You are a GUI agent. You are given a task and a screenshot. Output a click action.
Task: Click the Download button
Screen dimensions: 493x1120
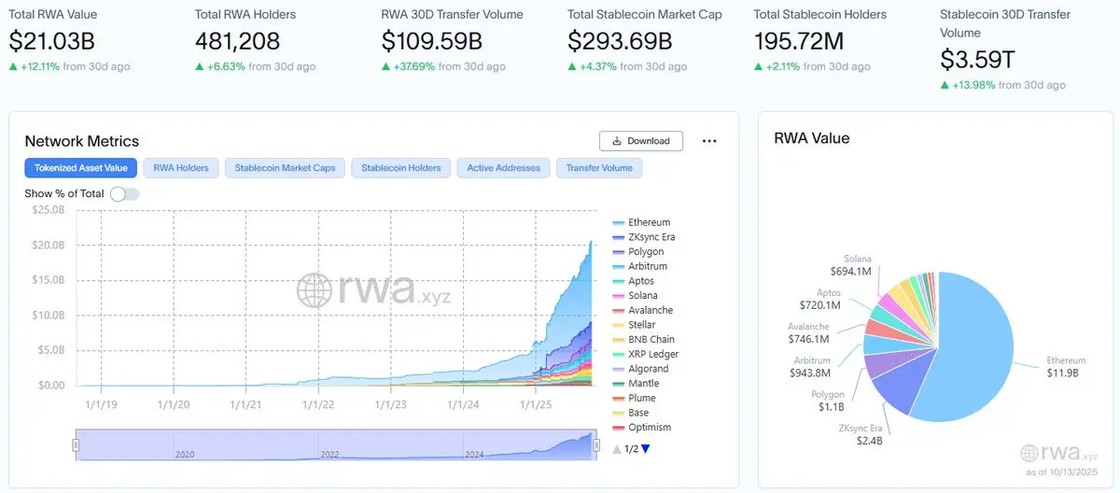pyautogui.click(x=641, y=141)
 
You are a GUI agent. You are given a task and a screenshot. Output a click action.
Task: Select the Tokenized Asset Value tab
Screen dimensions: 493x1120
pyautogui.click(x=81, y=168)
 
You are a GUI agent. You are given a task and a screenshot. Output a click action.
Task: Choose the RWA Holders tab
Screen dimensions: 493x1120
pyautogui.click(x=181, y=168)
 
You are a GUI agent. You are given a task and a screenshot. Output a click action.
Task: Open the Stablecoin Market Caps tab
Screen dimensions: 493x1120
pyautogui.click(x=285, y=168)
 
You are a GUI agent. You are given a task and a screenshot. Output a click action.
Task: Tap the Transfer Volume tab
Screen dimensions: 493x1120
pyautogui.click(x=598, y=168)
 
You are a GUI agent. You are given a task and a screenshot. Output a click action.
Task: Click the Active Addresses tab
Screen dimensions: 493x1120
pyautogui.click(x=504, y=168)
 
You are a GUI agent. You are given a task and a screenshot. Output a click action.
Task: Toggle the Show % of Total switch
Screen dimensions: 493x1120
pyautogui.click(x=124, y=193)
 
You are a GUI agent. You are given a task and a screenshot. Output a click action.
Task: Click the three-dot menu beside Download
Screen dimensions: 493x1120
pyautogui.click(x=709, y=141)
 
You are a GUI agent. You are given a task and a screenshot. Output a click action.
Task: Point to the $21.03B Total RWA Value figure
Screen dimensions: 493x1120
pyautogui.click(x=52, y=41)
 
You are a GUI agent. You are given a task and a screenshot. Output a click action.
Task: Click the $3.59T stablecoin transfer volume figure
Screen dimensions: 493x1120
pyautogui.click(x=977, y=60)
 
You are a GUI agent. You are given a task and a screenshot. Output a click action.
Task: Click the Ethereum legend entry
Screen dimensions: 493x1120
pyautogui.click(x=649, y=222)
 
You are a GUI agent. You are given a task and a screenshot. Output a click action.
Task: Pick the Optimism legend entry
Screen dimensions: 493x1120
pyautogui.click(x=650, y=428)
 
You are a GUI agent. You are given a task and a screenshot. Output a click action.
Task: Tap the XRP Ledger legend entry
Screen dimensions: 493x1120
pyautogui.click(x=652, y=354)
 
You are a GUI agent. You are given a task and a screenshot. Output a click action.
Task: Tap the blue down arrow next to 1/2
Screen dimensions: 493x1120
pyautogui.click(x=645, y=449)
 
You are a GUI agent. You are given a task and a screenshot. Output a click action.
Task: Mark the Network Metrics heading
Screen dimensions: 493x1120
pyautogui.click(x=82, y=141)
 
